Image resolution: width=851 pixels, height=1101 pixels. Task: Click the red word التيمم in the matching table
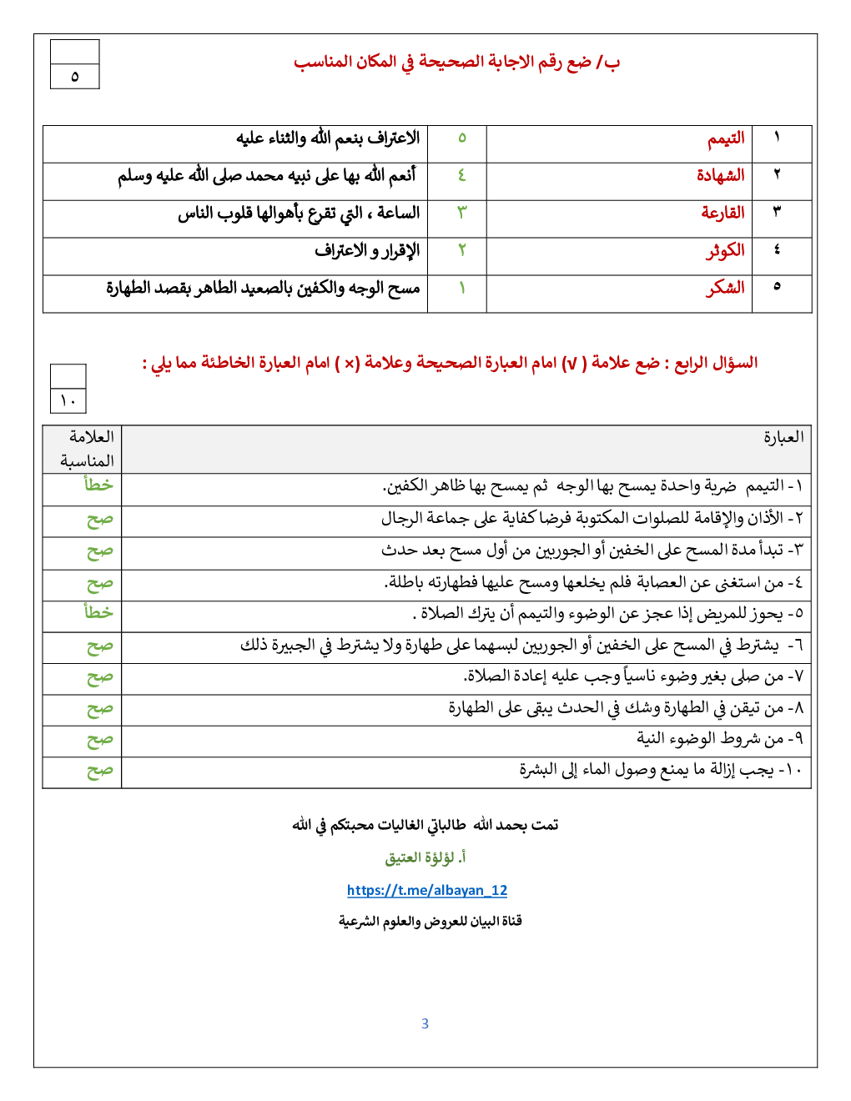pos(726,138)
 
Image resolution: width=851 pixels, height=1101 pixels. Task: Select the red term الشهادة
pos(720,175)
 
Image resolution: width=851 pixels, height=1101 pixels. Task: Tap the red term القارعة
pos(723,213)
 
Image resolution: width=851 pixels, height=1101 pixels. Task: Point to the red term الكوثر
pos(724,250)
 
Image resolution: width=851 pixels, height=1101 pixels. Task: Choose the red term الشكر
pos(725,288)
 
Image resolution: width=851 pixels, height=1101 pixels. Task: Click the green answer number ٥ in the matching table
pos(461,138)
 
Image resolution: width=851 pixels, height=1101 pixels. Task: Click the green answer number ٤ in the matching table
pos(461,175)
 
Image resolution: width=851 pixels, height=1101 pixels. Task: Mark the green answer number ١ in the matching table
pos(461,288)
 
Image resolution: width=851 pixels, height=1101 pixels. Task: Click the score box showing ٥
pos(75,77)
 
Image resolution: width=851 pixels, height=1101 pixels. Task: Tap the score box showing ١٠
pos(68,400)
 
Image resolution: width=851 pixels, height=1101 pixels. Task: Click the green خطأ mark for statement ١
pos(98,485)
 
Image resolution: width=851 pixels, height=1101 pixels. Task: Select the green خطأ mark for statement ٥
pos(98,612)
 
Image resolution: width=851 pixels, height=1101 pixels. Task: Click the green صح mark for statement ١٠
pos(99,771)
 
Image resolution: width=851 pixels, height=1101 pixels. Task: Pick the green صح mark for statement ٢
pos(99,520)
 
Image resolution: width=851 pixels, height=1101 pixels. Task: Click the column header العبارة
pos(783,437)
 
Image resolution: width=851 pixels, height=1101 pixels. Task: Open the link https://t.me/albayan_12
pos(427,890)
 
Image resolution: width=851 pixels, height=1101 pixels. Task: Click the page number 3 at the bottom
pos(425,1023)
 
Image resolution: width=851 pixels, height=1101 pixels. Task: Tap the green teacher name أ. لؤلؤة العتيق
pos(425,857)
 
